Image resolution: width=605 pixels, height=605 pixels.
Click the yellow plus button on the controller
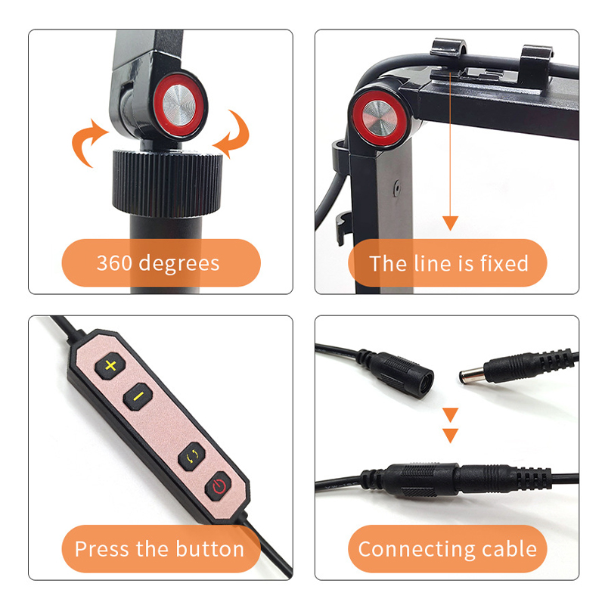tap(110, 365)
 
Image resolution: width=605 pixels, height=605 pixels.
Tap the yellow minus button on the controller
tap(138, 396)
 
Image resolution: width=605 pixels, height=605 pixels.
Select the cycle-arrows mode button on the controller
tap(192, 457)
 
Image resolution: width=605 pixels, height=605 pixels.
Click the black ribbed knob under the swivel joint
tap(167, 182)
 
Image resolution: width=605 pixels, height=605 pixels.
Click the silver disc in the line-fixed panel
tap(380, 118)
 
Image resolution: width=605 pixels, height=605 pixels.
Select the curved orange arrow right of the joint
tap(233, 133)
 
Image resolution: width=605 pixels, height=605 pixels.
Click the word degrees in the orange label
tap(179, 264)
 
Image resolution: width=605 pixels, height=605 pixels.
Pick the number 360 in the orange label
tap(115, 262)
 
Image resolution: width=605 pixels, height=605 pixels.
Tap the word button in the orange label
tap(210, 549)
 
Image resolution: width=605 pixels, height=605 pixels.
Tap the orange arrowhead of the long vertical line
tap(450, 223)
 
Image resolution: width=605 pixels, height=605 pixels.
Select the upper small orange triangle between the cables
tap(450, 414)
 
